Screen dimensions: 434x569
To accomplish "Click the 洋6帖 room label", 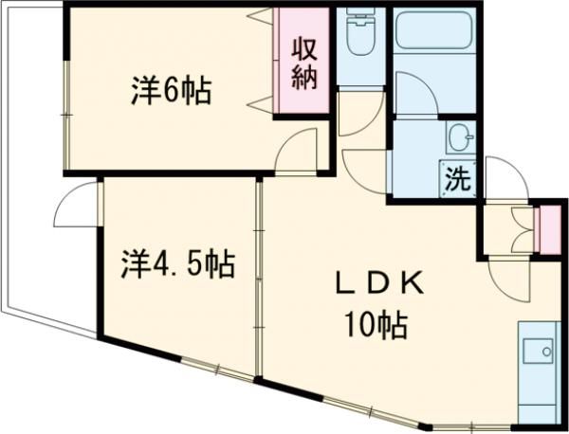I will (x=170, y=93).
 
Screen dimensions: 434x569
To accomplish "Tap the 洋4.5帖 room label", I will (x=177, y=263).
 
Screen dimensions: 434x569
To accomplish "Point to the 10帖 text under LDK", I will (x=376, y=327).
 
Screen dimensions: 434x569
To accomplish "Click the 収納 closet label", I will (x=303, y=63).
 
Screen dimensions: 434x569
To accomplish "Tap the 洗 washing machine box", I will (x=458, y=179).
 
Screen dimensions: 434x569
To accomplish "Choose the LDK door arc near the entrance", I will (x=512, y=279).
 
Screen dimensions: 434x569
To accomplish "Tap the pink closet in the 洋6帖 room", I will (x=303, y=63).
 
